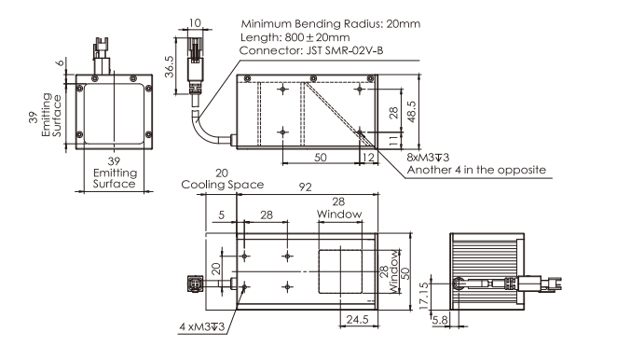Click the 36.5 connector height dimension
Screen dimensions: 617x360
pyautogui.click(x=169, y=66)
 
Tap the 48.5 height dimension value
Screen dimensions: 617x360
pyautogui.click(x=412, y=112)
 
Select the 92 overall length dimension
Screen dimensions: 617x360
pyautogui.click(x=305, y=187)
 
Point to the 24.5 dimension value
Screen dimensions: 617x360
pyautogui.click(x=357, y=319)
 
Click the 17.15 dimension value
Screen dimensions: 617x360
pyautogui.click(x=423, y=296)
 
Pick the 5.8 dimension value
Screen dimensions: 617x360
pyautogui.click(x=440, y=320)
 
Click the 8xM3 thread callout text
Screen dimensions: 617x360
pyautogui.click(x=428, y=158)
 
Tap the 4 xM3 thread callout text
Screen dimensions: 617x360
pyautogui.click(x=202, y=326)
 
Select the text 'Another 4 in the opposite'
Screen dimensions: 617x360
pyautogui.click(x=476, y=170)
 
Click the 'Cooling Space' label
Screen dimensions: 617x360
pyautogui.click(x=223, y=185)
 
